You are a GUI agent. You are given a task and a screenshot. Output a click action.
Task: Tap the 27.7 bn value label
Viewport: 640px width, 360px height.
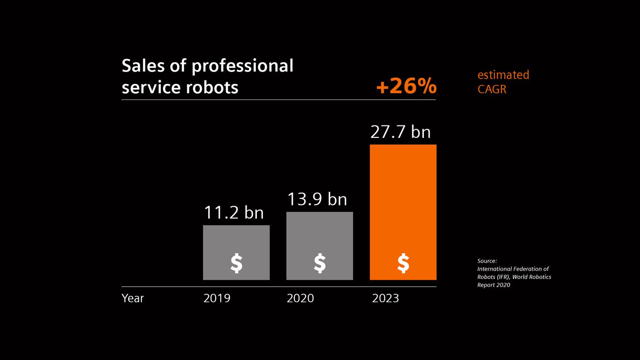pos(400,132)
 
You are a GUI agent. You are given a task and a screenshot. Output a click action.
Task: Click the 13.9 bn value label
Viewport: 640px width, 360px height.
pos(317,199)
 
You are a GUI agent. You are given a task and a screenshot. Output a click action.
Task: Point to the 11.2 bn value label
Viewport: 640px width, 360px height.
pos(233,213)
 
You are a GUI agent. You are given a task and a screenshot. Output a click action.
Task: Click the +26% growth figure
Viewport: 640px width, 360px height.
pos(406,86)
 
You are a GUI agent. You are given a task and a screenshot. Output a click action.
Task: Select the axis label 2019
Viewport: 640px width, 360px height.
pos(217,298)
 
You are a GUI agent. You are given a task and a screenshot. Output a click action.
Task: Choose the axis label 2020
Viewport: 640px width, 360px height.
pos(300,298)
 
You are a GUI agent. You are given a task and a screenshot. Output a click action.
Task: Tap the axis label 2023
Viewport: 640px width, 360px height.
pos(385,298)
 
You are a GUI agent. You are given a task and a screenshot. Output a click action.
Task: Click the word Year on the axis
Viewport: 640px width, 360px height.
pos(133,298)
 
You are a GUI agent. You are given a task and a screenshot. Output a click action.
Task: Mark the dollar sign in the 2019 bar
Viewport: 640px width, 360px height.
pos(236,264)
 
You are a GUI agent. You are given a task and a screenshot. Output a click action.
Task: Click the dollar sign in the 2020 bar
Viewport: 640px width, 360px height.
pos(320,264)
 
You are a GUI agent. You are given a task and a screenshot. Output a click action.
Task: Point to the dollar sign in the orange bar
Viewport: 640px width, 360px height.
pos(403,264)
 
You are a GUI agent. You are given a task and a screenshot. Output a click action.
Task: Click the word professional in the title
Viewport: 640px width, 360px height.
pos(242,66)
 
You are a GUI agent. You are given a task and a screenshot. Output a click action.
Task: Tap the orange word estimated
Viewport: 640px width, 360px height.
pos(503,75)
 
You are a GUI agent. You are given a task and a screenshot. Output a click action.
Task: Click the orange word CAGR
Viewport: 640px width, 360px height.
pos(491,89)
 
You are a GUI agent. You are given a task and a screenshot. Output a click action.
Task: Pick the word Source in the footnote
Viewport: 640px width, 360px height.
pos(487,261)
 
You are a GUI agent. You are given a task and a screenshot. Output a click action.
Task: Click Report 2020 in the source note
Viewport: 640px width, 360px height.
pos(493,285)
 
